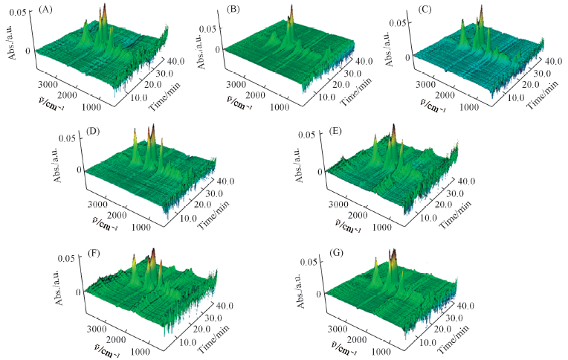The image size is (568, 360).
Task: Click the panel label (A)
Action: [x=46, y=10]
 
